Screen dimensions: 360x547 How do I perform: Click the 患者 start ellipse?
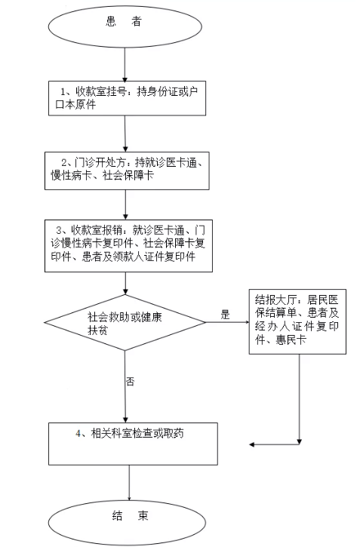(x=125, y=26)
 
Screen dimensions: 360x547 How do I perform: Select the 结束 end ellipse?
(x=127, y=523)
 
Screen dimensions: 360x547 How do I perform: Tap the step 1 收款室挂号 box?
(x=127, y=98)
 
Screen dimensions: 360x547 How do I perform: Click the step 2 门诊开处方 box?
(x=127, y=171)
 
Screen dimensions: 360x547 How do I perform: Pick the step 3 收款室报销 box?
(x=128, y=246)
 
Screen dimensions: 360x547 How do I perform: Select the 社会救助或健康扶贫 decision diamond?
(x=125, y=322)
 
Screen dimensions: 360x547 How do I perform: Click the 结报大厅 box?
(x=297, y=321)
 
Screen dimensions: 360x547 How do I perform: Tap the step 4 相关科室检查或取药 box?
(x=133, y=444)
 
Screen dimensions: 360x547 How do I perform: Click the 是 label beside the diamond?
(x=226, y=315)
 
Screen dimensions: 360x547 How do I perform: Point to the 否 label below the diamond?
(x=130, y=381)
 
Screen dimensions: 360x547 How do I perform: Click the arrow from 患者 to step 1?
(x=125, y=65)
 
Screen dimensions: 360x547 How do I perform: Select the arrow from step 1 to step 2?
(x=125, y=134)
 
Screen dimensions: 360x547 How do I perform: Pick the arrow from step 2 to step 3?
(x=125, y=204)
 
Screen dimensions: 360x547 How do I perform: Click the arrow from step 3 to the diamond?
(x=125, y=284)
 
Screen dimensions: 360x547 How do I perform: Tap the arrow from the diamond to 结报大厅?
(x=227, y=322)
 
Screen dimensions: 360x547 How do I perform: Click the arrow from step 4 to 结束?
(x=129, y=483)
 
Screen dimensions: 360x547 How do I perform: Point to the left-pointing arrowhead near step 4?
(x=252, y=444)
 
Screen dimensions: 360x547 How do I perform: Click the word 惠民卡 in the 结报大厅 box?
(x=291, y=340)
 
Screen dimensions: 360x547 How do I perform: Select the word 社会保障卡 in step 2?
(x=128, y=176)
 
